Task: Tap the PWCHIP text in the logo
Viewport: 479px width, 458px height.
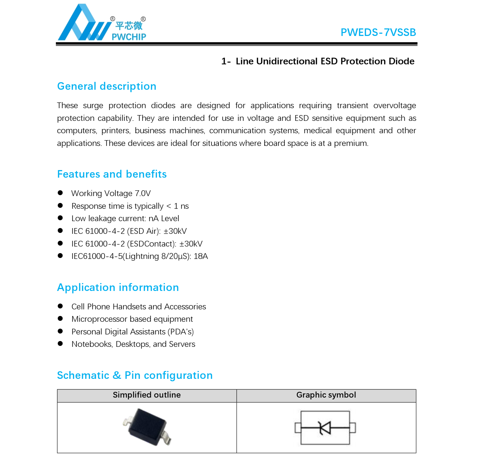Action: [x=129, y=37]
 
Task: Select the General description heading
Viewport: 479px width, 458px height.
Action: [x=107, y=86]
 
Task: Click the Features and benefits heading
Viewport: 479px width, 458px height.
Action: [x=112, y=174]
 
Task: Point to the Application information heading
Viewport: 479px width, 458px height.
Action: [x=118, y=288]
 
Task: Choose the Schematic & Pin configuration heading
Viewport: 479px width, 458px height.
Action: [x=135, y=376]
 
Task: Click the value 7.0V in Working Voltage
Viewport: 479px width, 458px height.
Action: [x=142, y=193]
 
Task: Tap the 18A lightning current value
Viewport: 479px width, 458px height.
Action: [x=201, y=256]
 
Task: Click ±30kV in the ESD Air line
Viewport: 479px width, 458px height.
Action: [x=175, y=231]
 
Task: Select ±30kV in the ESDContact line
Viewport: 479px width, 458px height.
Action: [x=191, y=244]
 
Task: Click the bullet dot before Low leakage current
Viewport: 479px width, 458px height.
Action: [x=60, y=218]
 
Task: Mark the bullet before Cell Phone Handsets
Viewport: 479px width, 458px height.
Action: [x=60, y=306]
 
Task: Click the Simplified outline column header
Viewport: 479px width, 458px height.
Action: [x=147, y=395]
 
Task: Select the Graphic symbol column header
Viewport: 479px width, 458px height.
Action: [x=326, y=395]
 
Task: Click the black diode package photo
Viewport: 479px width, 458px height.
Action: [x=147, y=427]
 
